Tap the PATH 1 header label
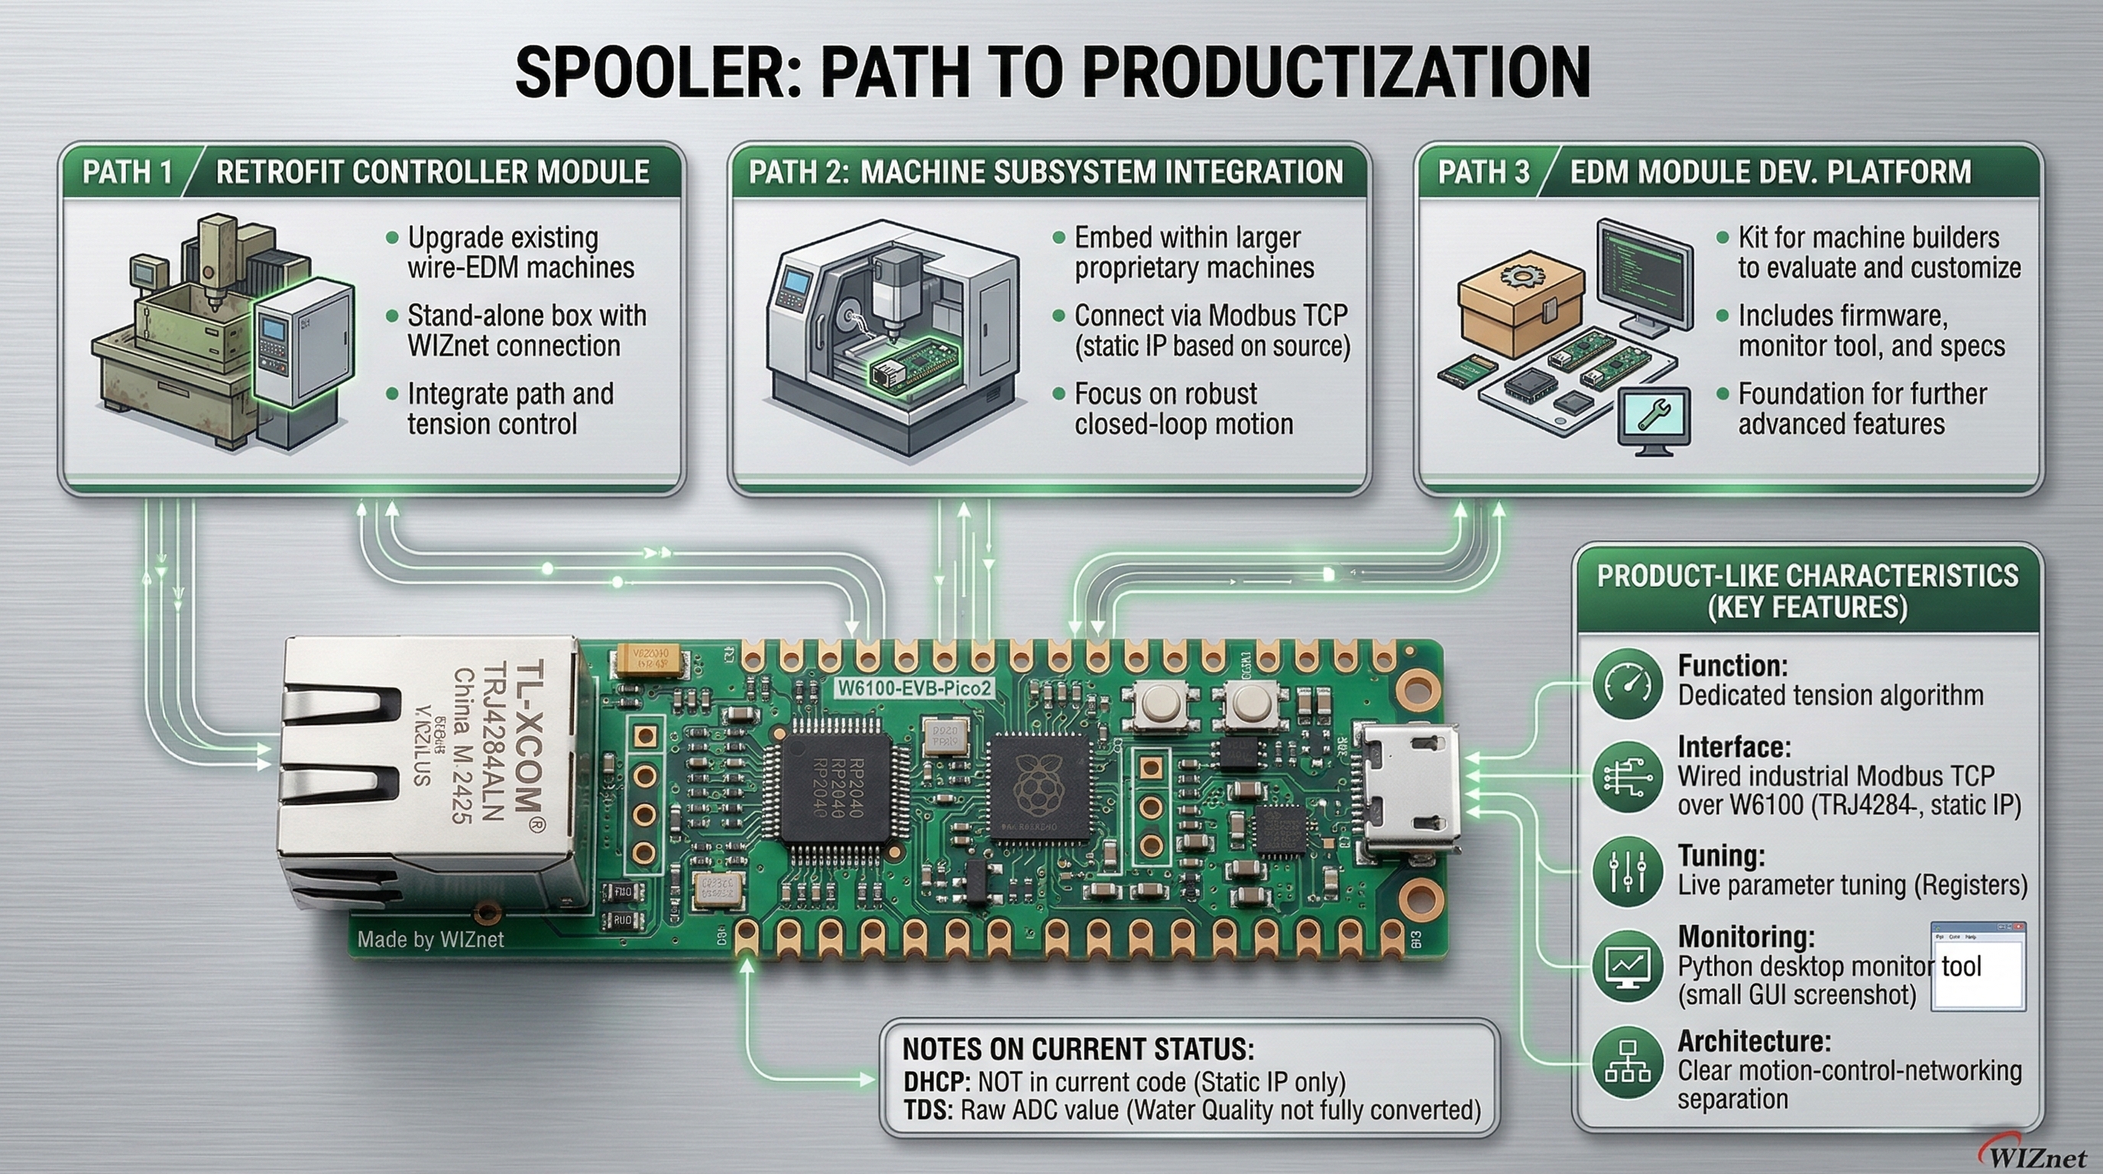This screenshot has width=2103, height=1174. tap(128, 172)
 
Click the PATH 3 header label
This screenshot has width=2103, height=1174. tap(1483, 172)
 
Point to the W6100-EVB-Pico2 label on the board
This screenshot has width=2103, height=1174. tap(915, 687)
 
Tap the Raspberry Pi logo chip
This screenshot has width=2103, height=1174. tap(1039, 788)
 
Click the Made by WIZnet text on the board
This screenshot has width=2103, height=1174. tap(430, 939)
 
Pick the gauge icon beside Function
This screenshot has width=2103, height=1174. tap(1628, 683)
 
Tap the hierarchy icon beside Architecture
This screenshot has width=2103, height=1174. tap(1628, 1062)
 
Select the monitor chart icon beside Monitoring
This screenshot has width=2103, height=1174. tap(1628, 967)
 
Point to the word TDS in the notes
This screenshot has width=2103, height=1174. tap(928, 1111)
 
